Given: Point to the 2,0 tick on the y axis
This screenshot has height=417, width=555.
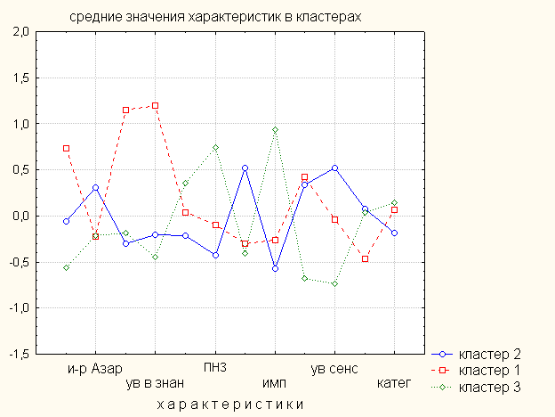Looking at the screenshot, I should (20, 33).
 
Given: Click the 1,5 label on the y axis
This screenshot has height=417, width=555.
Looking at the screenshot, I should (20, 78).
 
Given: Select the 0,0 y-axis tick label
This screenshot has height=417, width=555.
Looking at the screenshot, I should (20, 216).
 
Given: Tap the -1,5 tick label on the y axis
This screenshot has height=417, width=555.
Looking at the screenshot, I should (19, 354).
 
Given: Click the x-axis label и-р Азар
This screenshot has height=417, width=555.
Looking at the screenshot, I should (95, 368).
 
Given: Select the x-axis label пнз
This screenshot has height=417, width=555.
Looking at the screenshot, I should (215, 368).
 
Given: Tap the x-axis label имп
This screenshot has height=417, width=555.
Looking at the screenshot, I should (275, 384).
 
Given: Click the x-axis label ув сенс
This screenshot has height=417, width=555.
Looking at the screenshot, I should (334, 368).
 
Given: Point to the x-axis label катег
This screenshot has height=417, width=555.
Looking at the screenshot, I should (394, 384).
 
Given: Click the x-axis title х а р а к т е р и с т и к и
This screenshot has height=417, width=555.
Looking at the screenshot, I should (230, 404).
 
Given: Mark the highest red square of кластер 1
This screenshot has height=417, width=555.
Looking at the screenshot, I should (156, 105).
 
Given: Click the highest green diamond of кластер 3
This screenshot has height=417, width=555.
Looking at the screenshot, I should (275, 130).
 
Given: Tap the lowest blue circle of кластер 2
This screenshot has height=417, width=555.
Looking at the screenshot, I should (275, 268).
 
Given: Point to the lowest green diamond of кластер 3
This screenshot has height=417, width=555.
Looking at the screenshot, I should (334, 283).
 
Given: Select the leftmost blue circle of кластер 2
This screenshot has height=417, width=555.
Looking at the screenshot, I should (66, 221).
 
